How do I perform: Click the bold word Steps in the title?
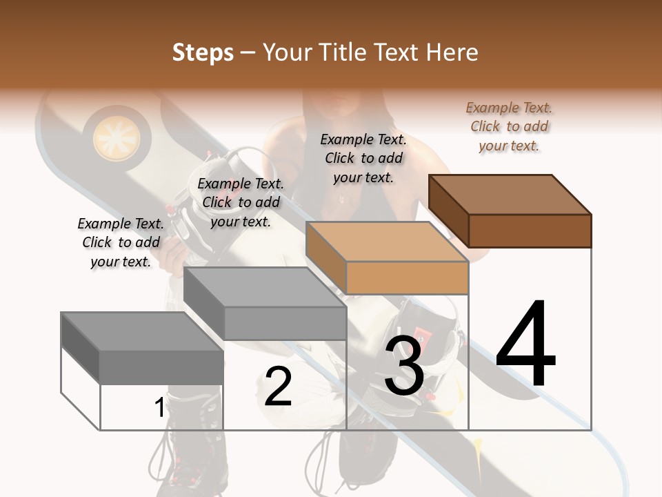(x=203, y=52)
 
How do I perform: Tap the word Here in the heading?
(x=452, y=52)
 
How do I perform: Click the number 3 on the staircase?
(x=404, y=366)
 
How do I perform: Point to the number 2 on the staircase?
(x=279, y=387)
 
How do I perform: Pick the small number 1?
(x=159, y=407)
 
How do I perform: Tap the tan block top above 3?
(x=388, y=242)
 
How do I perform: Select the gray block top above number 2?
(x=265, y=287)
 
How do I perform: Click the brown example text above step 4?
(x=509, y=127)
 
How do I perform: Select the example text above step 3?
(x=363, y=158)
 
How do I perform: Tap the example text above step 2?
(x=241, y=202)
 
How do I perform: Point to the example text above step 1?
(x=121, y=242)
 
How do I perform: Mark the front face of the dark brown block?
(x=530, y=231)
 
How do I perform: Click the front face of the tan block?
(x=407, y=277)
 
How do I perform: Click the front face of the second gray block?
(x=284, y=323)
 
